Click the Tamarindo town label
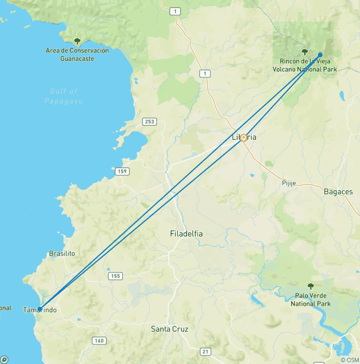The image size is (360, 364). [40, 310]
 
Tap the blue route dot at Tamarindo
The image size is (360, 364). [40, 309]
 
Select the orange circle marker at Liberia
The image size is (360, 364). [244, 138]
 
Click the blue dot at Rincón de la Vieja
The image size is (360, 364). [320, 54]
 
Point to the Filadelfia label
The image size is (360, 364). [186, 233]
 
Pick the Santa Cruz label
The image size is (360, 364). [169, 329]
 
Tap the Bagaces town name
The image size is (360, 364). [338, 191]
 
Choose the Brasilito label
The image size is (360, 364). [62, 253]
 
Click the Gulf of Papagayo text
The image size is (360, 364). [64, 96]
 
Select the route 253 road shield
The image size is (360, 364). [149, 121]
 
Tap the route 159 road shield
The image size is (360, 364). [122, 171]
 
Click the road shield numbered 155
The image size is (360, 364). [115, 276]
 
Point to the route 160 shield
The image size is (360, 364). [99, 341]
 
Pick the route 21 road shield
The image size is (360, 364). [205, 351]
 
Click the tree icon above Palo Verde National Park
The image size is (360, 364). [310, 286]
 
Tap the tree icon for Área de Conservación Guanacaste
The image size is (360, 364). [77, 41]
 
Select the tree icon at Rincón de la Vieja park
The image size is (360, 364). [305, 52]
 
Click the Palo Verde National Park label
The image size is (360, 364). [310, 300]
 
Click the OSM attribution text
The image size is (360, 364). [350, 360]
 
